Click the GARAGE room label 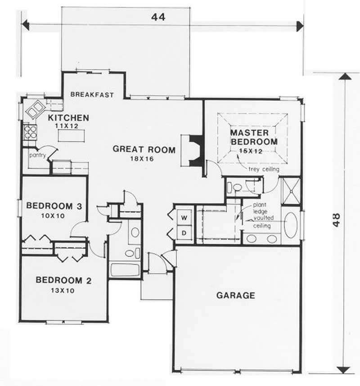pyautogui.click(x=235, y=296)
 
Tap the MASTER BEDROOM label pyautogui.click(x=253, y=137)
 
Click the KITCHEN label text pyautogui.click(x=68, y=118)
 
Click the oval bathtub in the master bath pyautogui.click(x=291, y=224)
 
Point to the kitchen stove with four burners pyautogui.click(x=30, y=132)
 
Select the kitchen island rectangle pyautogui.click(x=71, y=135)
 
